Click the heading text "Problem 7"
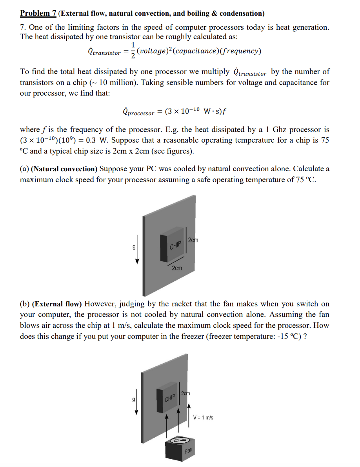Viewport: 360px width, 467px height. [x=38, y=13]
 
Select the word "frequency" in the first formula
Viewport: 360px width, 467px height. [x=242, y=51]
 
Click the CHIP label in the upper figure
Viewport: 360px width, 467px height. [x=176, y=246]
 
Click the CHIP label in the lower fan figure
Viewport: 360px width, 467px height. [x=171, y=399]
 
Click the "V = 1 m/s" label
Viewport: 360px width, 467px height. [x=203, y=418]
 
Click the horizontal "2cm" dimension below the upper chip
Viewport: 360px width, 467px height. [x=177, y=268]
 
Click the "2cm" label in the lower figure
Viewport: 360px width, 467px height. [x=185, y=393]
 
